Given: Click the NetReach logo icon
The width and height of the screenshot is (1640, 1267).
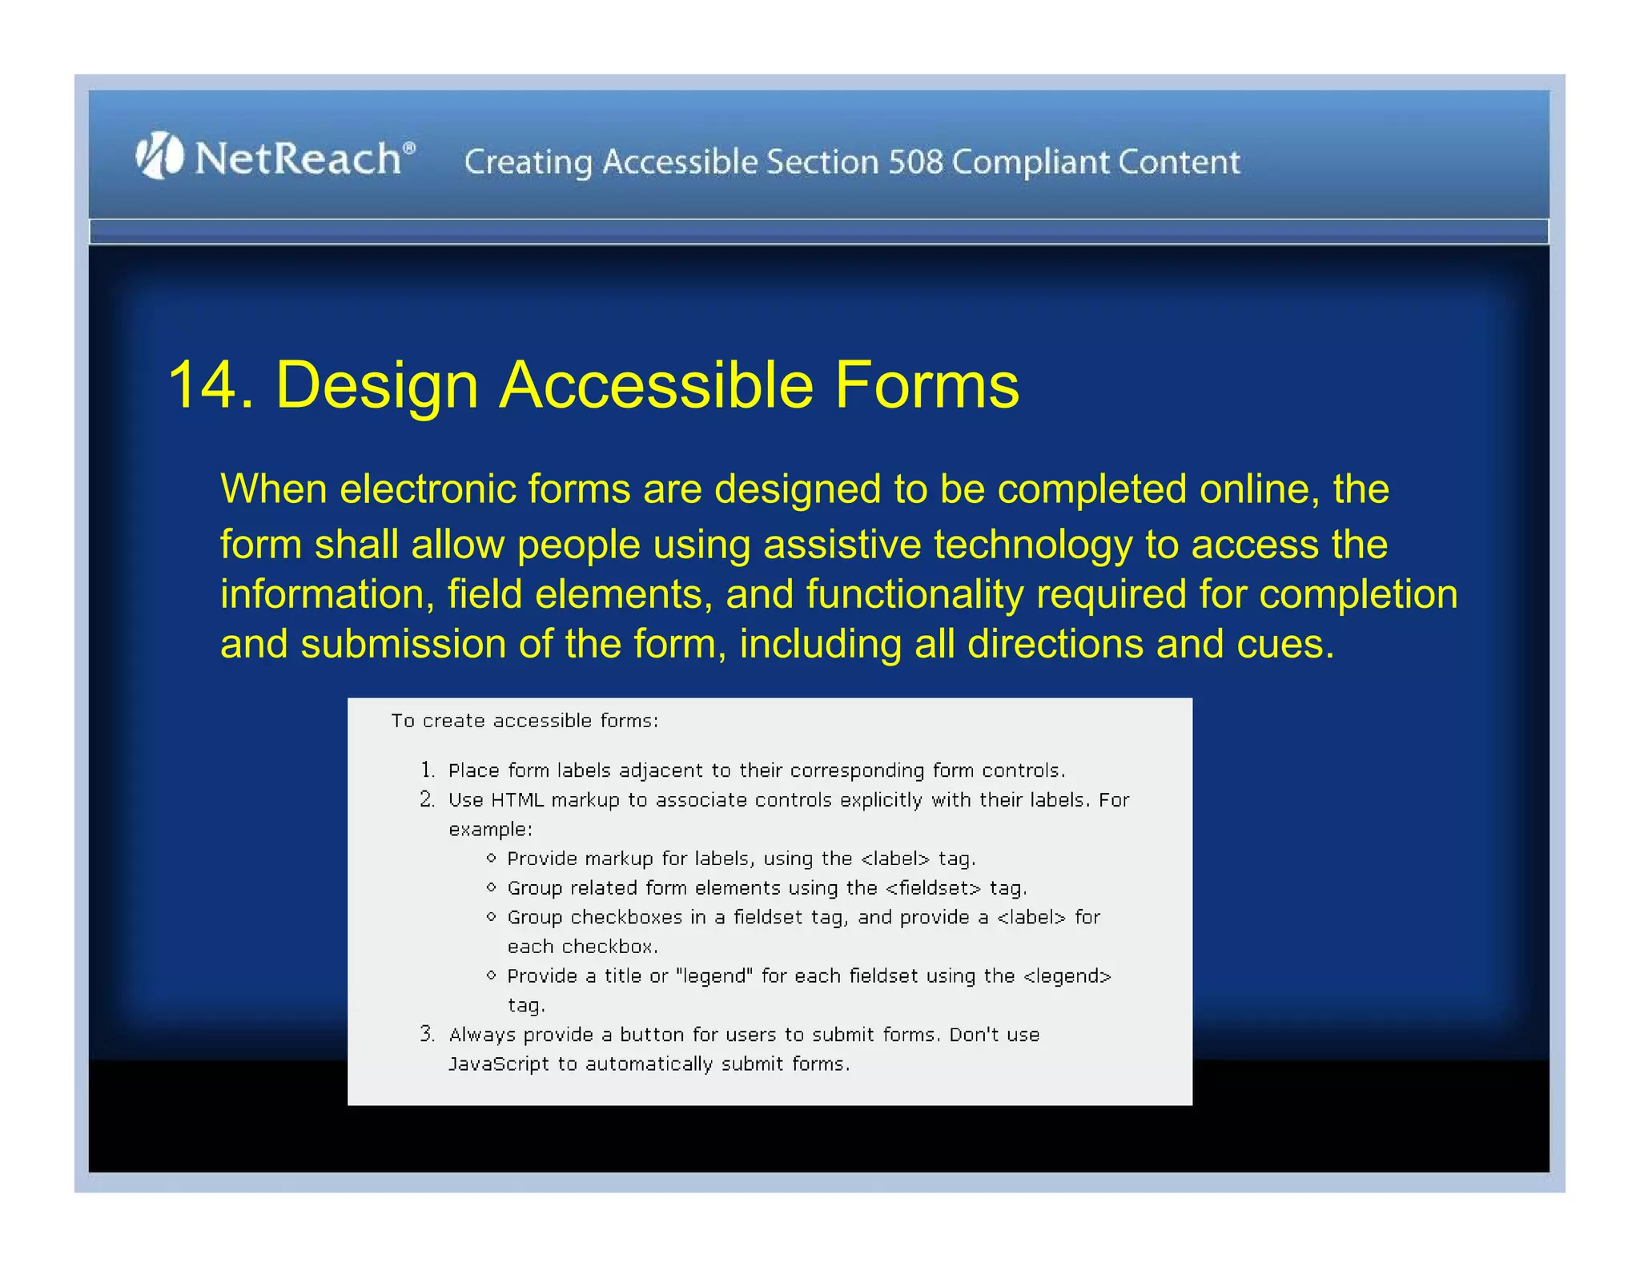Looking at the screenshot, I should click(159, 155).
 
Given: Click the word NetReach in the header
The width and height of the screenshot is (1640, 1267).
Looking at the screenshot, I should click(298, 158).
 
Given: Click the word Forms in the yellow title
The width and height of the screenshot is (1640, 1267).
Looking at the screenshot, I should click(927, 386).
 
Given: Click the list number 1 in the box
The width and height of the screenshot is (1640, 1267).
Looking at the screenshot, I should click(428, 770).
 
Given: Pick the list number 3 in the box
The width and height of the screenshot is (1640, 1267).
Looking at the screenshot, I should click(427, 1034).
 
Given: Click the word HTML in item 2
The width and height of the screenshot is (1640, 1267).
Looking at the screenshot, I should click(517, 800).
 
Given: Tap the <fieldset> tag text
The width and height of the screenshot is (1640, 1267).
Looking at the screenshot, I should click(933, 888).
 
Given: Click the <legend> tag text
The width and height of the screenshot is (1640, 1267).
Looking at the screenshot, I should click(1067, 976).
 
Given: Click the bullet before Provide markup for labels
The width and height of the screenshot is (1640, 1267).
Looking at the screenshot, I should click(491, 859).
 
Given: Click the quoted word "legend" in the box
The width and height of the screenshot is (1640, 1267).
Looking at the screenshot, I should click(713, 976).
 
